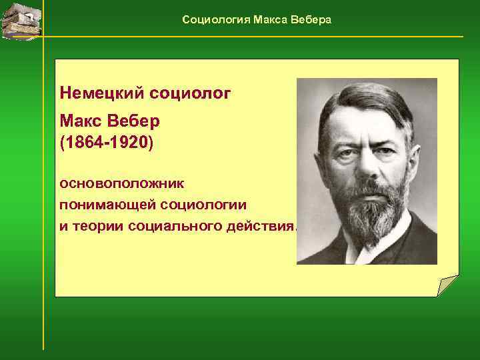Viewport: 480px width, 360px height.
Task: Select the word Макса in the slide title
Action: point(270,20)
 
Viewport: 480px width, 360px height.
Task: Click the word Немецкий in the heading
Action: point(99,92)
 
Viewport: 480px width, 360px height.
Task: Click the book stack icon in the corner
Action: point(20,20)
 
